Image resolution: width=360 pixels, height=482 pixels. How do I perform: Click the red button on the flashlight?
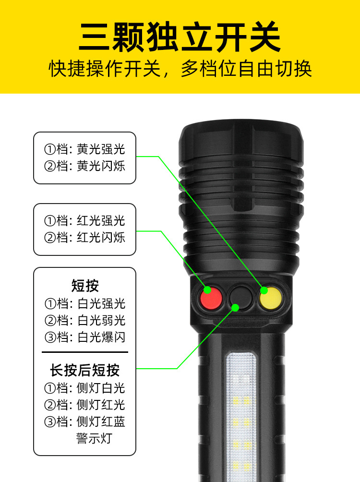coord(211,298)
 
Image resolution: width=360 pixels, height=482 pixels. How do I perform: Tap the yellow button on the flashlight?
coord(271,298)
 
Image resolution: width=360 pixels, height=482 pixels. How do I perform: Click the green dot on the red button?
coord(207,290)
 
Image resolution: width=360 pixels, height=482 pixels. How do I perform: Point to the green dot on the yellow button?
coord(264,290)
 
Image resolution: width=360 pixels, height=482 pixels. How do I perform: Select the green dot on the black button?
coord(235,307)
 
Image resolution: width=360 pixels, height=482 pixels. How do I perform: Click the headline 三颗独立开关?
coord(180,37)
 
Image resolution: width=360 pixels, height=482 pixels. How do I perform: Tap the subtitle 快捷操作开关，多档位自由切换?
coord(180,68)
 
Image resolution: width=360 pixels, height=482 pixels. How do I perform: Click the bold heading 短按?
coord(85,286)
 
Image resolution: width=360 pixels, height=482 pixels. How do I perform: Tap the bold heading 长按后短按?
coord(84,370)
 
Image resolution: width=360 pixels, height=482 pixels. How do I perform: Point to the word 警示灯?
coord(94,438)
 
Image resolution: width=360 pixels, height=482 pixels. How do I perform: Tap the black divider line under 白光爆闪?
coord(85,352)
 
